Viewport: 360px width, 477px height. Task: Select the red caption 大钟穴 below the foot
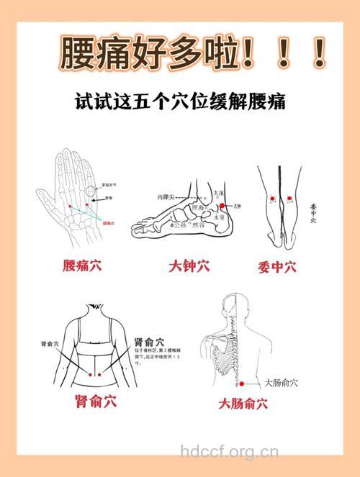(189, 267)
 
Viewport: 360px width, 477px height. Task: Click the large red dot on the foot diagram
(222, 206)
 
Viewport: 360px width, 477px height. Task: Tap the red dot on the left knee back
(272, 198)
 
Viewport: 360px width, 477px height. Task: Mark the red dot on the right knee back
(289, 198)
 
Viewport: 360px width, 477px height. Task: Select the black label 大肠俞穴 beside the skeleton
(282, 383)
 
